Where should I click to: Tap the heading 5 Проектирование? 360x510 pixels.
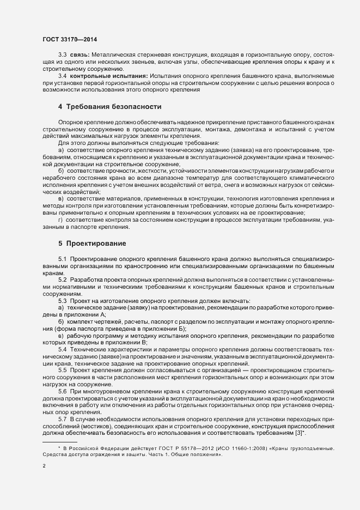93,242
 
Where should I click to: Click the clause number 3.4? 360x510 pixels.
62,76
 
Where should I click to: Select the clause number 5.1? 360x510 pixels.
62,258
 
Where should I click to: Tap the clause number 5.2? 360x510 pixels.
62,279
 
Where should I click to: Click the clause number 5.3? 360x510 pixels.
62,300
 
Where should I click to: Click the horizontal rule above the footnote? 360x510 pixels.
60,441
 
